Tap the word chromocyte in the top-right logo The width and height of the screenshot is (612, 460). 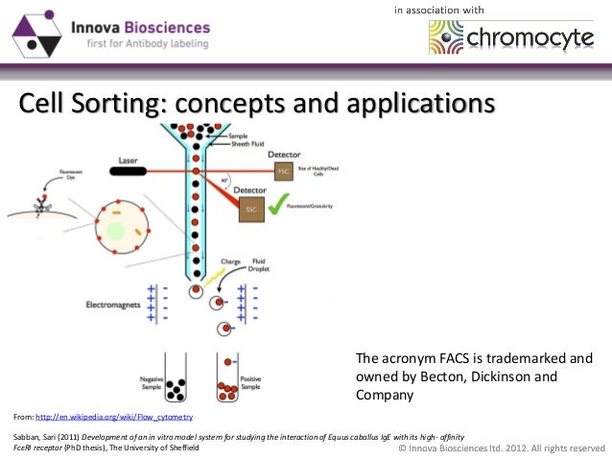[533, 39]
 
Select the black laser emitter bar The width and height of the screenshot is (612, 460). [132, 171]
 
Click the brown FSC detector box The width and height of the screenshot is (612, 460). [283, 171]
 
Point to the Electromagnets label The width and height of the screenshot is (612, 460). [113, 304]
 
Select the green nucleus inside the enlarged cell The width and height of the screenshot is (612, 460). [116, 230]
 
